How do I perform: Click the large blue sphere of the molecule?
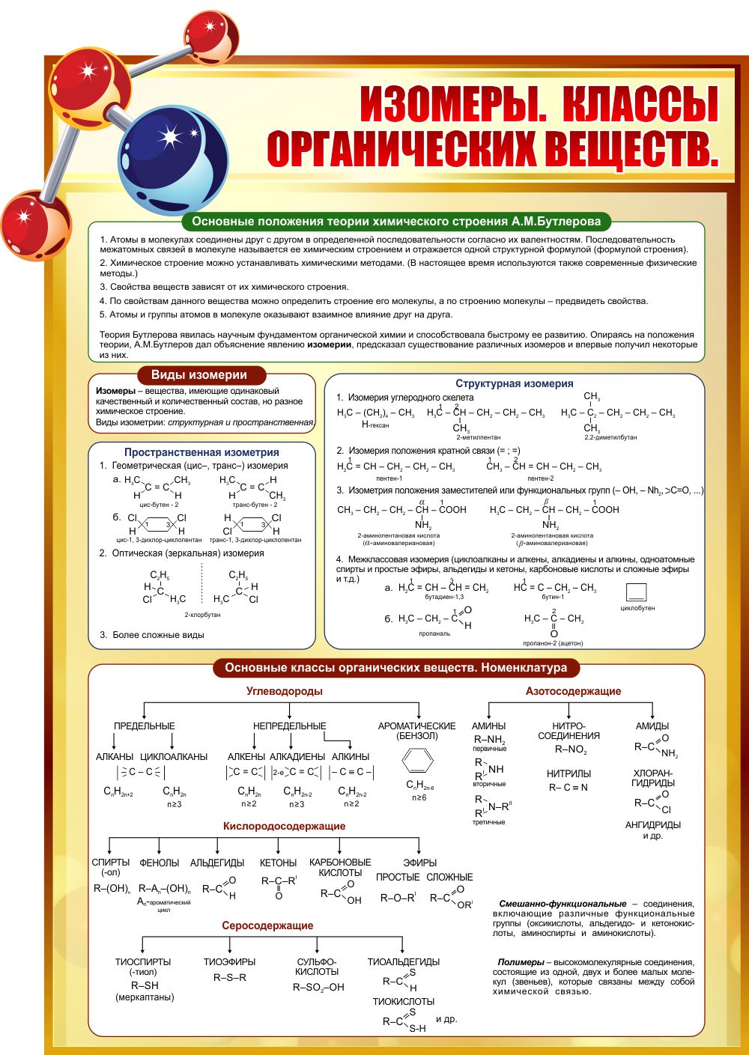point(173,159)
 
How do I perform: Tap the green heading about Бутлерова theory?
point(396,222)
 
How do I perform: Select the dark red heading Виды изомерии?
point(198,375)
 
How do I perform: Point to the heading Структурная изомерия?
point(514,383)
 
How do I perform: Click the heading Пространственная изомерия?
point(201,452)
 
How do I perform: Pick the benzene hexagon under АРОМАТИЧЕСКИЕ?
point(417,761)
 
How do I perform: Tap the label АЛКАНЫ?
point(115,756)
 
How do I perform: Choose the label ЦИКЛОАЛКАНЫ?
point(174,756)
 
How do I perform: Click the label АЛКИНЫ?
point(351,756)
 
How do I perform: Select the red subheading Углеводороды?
point(285,691)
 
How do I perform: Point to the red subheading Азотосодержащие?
point(573,691)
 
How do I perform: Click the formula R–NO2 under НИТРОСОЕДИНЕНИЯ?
point(571,750)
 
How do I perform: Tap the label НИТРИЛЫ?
point(568,773)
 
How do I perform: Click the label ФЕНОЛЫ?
point(160,863)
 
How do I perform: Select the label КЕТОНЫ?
point(278,863)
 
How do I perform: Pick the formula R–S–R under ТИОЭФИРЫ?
point(230,977)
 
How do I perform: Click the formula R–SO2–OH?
point(318,987)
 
